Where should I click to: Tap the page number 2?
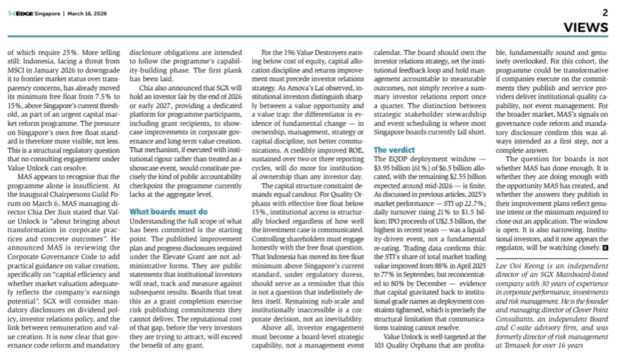[x=605, y=12]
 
